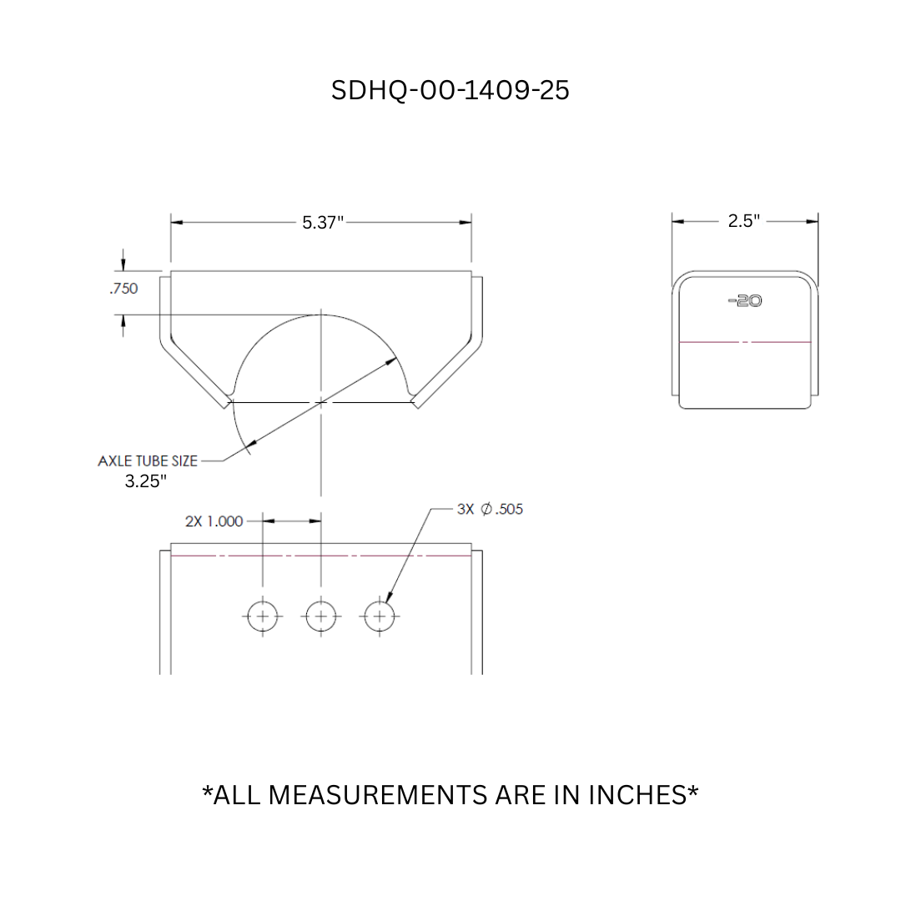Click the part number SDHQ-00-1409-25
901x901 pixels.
(450, 90)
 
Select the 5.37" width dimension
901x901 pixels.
(323, 222)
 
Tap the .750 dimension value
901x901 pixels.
(123, 289)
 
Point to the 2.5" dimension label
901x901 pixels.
(743, 221)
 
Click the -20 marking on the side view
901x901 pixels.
(745, 300)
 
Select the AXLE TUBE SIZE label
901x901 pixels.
(148, 461)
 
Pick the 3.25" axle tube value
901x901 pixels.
(146, 481)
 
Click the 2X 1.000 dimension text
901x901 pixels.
(214, 521)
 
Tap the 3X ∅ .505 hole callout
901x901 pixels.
(491, 509)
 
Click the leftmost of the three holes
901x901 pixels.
(263, 617)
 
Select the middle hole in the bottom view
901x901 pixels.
(321, 617)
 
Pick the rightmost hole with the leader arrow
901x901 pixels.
(380, 617)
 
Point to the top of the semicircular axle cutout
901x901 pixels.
(321, 315)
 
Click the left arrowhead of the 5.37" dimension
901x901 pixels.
(176, 223)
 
